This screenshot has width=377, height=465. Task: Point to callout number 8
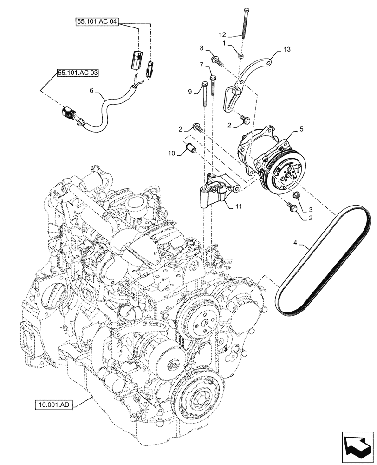(202, 48)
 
